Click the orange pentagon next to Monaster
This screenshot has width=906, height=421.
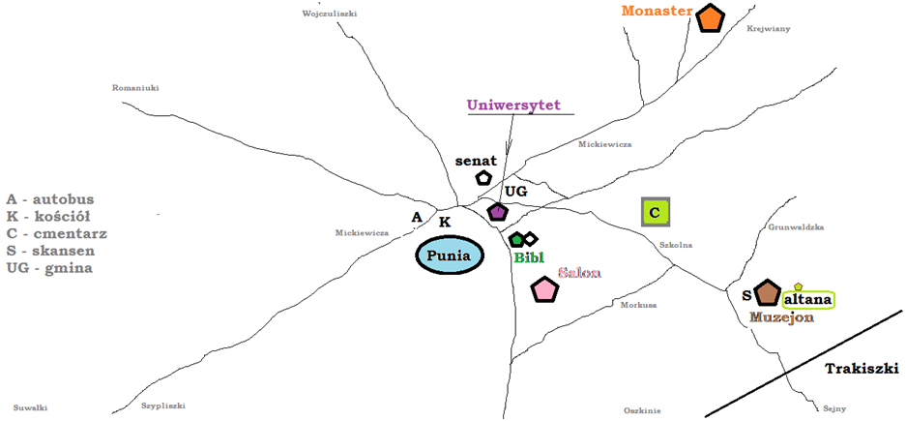(x=711, y=18)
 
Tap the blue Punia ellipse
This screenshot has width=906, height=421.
(x=450, y=256)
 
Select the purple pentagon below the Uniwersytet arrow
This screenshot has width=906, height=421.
(x=497, y=211)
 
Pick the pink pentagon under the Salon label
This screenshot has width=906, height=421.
(x=545, y=289)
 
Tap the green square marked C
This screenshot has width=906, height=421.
(x=655, y=212)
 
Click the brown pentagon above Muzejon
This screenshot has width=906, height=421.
(x=768, y=291)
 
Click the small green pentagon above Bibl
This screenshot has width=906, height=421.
(x=516, y=239)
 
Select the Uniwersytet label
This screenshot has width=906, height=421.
(x=513, y=105)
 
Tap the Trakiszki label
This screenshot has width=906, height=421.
(x=862, y=369)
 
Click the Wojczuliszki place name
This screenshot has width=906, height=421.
(x=330, y=13)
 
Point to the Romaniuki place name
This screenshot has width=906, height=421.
(x=135, y=87)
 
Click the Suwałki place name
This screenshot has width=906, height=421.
(x=30, y=407)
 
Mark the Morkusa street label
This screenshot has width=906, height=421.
(x=638, y=305)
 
